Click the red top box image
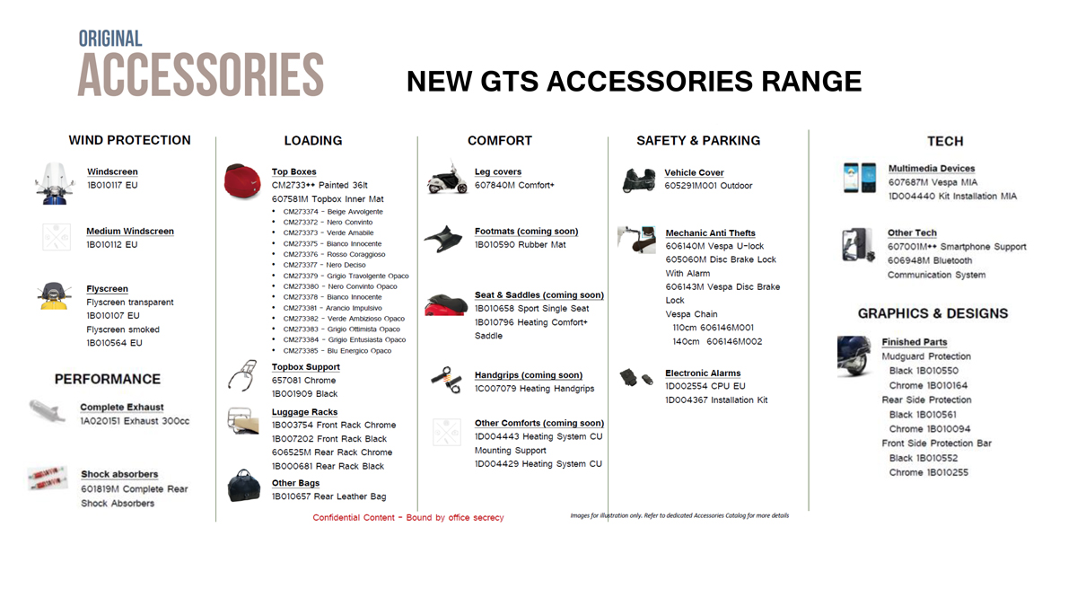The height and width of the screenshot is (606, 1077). (x=242, y=181)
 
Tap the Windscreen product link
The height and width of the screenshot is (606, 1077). (x=112, y=171)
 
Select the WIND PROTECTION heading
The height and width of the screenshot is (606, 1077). (x=130, y=140)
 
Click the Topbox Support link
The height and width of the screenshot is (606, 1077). (x=306, y=367)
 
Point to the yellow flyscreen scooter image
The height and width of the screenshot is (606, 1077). (x=54, y=295)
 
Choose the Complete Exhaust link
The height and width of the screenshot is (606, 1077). (x=122, y=408)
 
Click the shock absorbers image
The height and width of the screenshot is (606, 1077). (x=48, y=478)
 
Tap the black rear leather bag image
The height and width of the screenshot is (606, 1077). (x=244, y=486)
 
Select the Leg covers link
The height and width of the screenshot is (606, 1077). (x=498, y=171)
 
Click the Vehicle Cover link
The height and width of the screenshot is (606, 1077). (x=695, y=172)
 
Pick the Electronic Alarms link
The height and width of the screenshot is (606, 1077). (x=703, y=373)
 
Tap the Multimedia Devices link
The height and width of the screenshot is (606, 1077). (x=932, y=169)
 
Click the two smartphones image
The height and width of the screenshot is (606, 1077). (x=860, y=178)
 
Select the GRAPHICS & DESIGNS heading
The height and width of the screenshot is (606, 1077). (x=933, y=313)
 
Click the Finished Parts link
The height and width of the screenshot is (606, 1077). (x=915, y=342)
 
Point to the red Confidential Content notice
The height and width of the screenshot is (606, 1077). (x=408, y=517)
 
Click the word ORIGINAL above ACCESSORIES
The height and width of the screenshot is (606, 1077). (x=110, y=39)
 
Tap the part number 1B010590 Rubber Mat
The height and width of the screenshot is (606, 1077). (x=521, y=245)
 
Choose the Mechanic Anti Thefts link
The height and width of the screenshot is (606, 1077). (x=711, y=233)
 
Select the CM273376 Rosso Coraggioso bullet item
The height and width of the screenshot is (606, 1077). (x=334, y=254)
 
